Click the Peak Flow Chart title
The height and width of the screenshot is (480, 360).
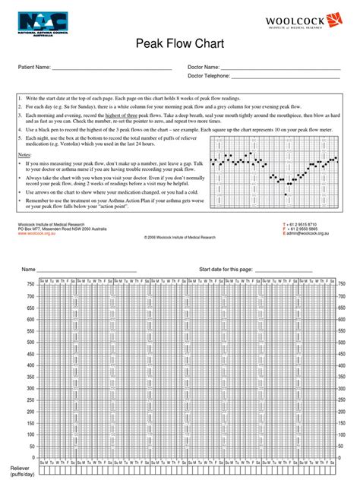pyautogui.click(x=180, y=46)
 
